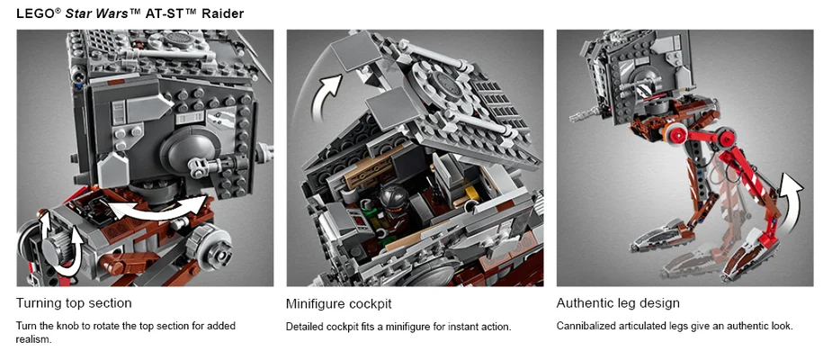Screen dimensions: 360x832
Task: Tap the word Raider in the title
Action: [220, 13]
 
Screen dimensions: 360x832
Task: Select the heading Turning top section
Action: [74, 303]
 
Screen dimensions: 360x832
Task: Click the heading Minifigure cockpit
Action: [338, 303]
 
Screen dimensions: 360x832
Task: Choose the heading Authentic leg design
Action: [618, 303]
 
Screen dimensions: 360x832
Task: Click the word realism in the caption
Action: [34, 340]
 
